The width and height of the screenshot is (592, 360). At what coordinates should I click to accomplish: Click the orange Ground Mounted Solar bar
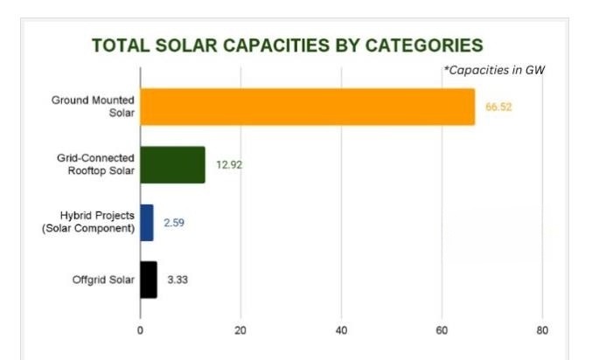(307, 107)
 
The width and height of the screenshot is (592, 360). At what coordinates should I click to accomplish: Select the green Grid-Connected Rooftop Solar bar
(172, 164)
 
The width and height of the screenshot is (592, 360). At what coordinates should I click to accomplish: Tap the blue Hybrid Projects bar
(146, 222)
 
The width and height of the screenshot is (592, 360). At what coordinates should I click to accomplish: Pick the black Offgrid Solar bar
(148, 280)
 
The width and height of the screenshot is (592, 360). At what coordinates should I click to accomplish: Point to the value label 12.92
(229, 164)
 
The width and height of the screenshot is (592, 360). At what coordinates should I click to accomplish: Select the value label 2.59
(174, 222)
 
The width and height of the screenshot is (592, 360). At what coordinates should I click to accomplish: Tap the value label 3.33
(179, 280)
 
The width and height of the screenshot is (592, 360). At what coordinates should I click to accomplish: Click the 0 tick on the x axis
(140, 330)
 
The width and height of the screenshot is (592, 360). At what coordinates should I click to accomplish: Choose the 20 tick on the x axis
(240, 330)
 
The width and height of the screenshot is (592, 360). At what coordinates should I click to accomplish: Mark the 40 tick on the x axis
(341, 330)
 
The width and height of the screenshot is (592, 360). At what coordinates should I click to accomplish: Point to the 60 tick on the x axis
(442, 330)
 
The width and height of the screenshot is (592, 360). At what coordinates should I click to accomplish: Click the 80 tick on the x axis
(542, 330)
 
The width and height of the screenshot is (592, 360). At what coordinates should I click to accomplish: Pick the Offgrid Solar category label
(103, 280)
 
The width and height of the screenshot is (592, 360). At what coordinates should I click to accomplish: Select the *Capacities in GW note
(494, 70)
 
